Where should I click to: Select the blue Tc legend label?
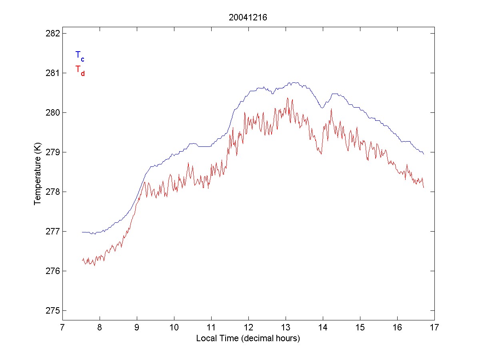(80, 56)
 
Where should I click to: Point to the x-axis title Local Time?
(248, 338)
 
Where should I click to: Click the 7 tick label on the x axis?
(62, 328)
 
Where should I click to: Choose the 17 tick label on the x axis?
(434, 328)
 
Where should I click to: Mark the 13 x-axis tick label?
(286, 328)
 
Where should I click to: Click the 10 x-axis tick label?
(174, 328)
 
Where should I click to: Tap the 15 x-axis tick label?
(360, 328)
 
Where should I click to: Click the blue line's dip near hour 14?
(321, 108)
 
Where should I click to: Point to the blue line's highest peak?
(294, 82)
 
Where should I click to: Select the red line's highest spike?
(287, 98)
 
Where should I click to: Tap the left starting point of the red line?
(82, 260)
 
